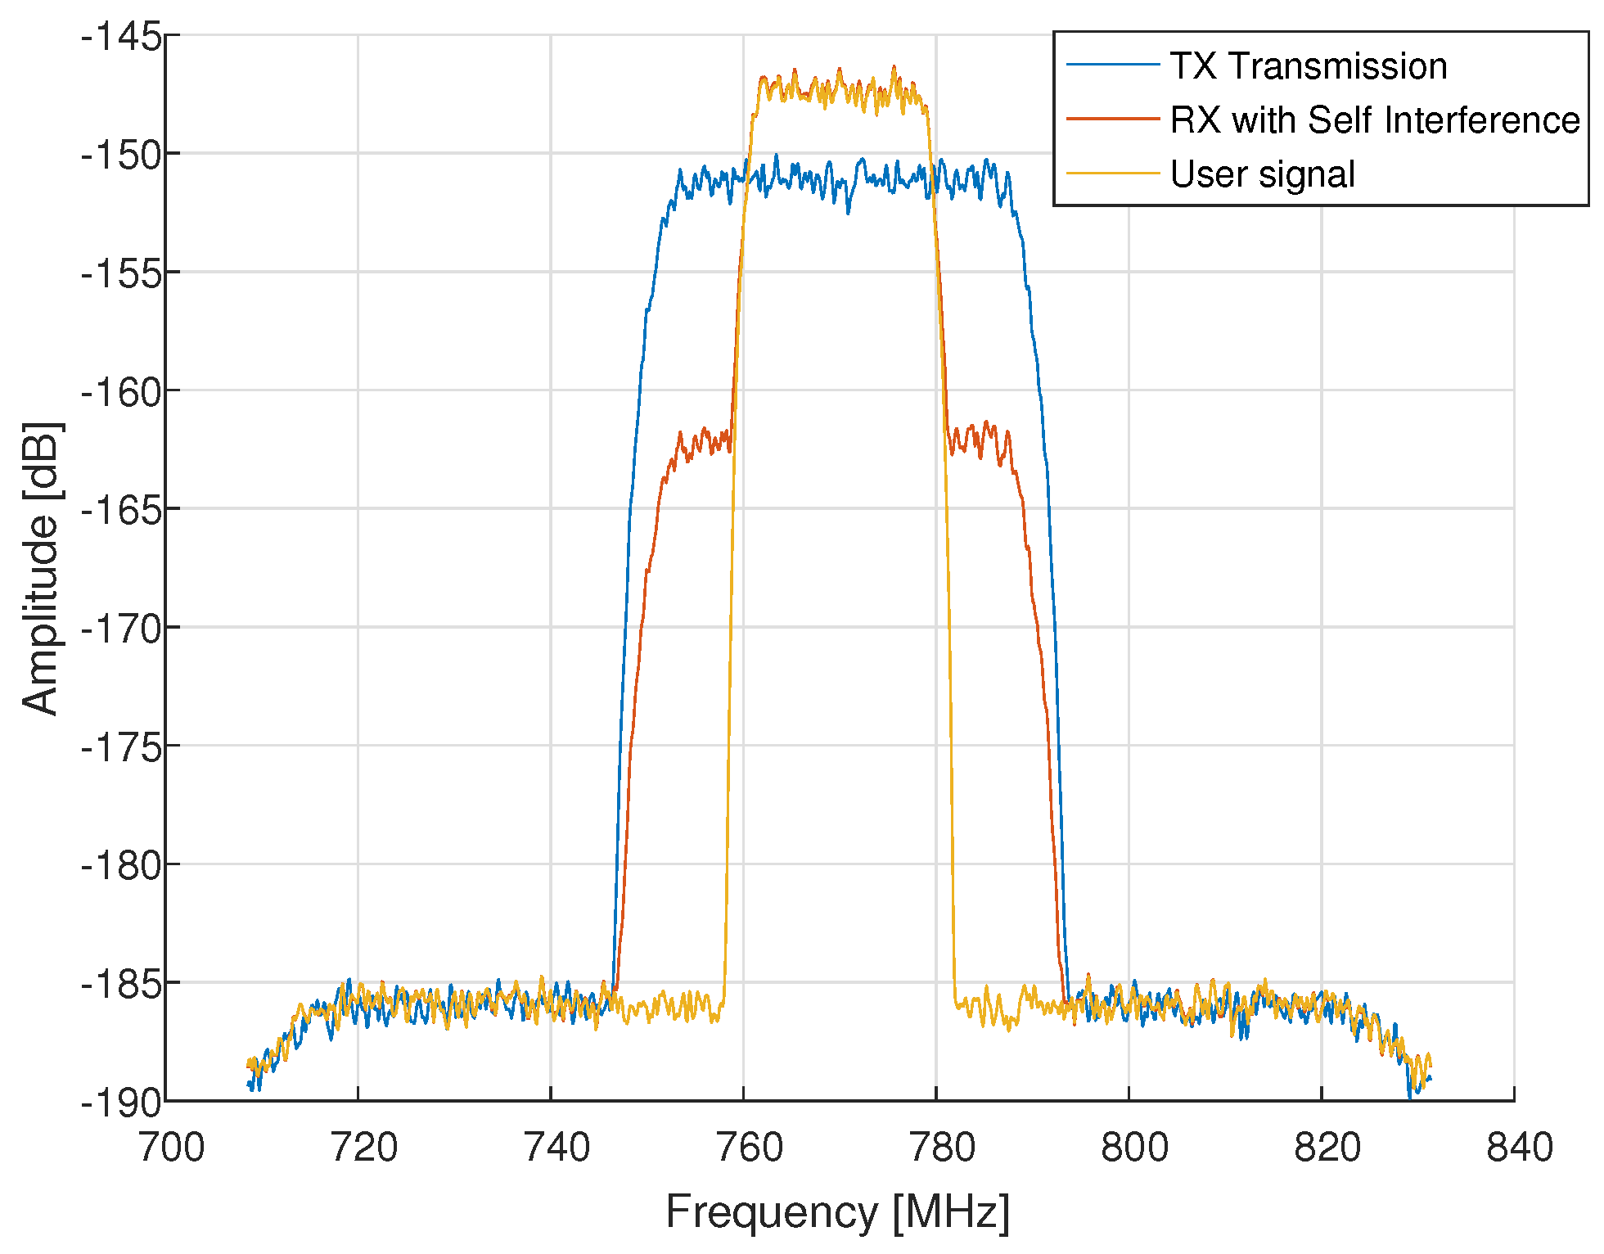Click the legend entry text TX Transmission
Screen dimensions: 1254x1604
pos(1308,66)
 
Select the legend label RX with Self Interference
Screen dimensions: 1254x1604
pos(1375,120)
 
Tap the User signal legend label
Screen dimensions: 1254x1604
pos(1262,174)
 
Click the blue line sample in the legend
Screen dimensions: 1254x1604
pos(1113,65)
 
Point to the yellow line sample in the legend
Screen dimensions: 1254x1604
pos(1113,174)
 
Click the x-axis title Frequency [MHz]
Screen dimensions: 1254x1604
pos(837,1211)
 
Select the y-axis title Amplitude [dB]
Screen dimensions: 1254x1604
pos(41,568)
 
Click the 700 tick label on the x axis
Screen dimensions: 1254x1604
pos(170,1148)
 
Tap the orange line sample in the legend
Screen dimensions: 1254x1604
pos(1113,120)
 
